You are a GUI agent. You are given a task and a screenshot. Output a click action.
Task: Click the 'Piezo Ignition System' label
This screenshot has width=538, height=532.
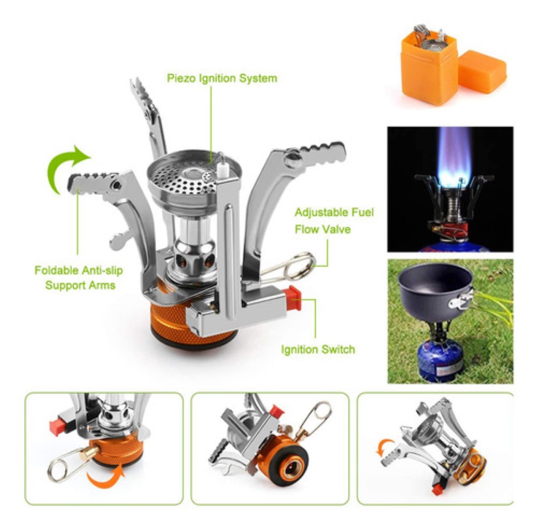(x=222, y=78)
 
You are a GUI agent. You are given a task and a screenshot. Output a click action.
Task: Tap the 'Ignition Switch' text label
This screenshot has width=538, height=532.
(x=318, y=349)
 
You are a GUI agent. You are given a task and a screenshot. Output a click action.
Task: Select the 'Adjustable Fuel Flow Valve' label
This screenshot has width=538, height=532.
(x=334, y=221)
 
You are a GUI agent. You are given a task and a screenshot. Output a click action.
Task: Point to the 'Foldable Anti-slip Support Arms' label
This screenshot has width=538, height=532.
(x=79, y=278)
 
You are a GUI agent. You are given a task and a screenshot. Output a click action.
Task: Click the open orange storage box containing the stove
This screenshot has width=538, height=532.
(x=429, y=67)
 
